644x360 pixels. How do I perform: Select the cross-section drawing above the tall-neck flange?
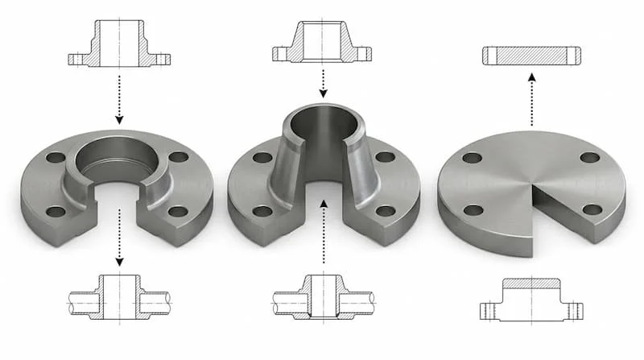click(x=322, y=43)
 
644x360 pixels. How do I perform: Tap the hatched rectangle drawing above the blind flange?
click(x=531, y=56)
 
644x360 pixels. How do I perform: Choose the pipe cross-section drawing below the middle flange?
click(x=322, y=297)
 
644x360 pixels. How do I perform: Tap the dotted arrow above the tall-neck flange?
click(x=322, y=81)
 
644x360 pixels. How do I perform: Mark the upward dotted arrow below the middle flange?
click(x=322, y=234)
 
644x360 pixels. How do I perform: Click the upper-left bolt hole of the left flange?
click(x=56, y=157)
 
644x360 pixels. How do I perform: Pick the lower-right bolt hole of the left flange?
click(x=178, y=212)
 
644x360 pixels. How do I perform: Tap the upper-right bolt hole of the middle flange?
click(x=386, y=157)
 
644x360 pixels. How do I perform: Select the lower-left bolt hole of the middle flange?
click(x=262, y=212)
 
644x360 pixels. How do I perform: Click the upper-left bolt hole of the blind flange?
click(x=473, y=158)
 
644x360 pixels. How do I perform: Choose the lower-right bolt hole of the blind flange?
click(x=592, y=209)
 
